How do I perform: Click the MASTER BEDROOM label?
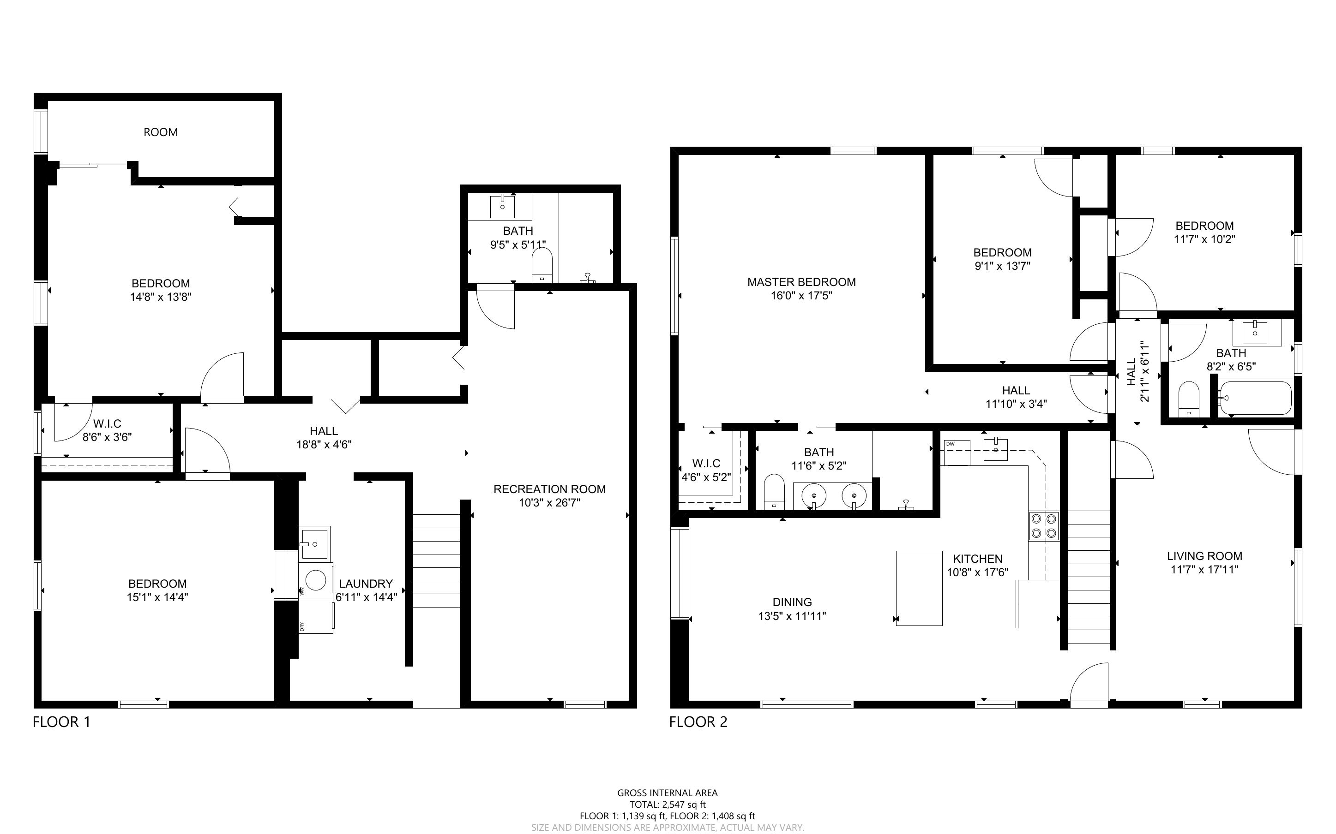[801, 282]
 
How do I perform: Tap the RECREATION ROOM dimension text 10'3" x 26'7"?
[550, 502]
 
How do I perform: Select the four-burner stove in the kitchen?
[1043, 526]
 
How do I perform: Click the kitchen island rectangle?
[919, 588]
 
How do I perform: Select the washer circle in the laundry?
[315, 580]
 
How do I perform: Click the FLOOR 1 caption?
[61, 722]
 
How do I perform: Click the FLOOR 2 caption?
[698, 722]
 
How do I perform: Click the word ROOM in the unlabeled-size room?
[161, 132]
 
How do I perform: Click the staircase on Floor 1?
[437, 561]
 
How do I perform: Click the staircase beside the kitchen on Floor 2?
[1089, 577]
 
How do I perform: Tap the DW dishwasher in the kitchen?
[957, 453]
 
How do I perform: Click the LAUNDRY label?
[366, 584]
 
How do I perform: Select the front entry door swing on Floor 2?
[1089, 685]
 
